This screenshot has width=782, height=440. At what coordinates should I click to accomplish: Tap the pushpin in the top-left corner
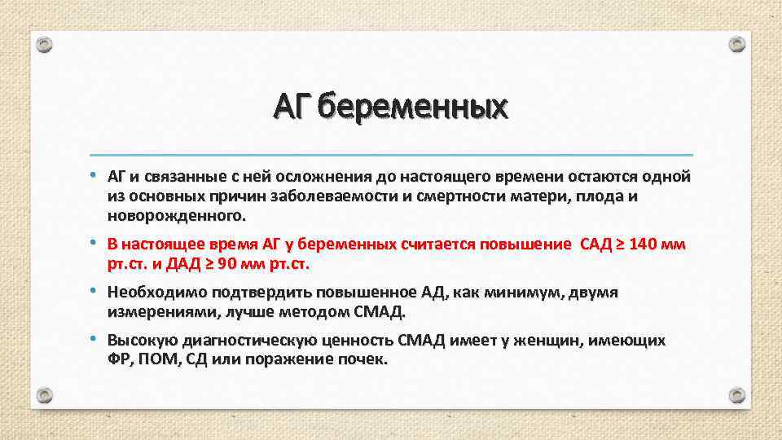[x=44, y=44]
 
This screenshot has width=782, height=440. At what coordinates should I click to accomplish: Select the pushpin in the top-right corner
[x=737, y=44]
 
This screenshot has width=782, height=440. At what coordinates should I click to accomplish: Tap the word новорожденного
[x=174, y=217]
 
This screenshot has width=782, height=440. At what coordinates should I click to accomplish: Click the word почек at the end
[x=366, y=359]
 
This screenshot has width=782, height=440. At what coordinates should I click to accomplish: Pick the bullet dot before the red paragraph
[x=94, y=244]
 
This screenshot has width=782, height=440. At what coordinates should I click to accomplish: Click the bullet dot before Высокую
[x=94, y=339]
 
